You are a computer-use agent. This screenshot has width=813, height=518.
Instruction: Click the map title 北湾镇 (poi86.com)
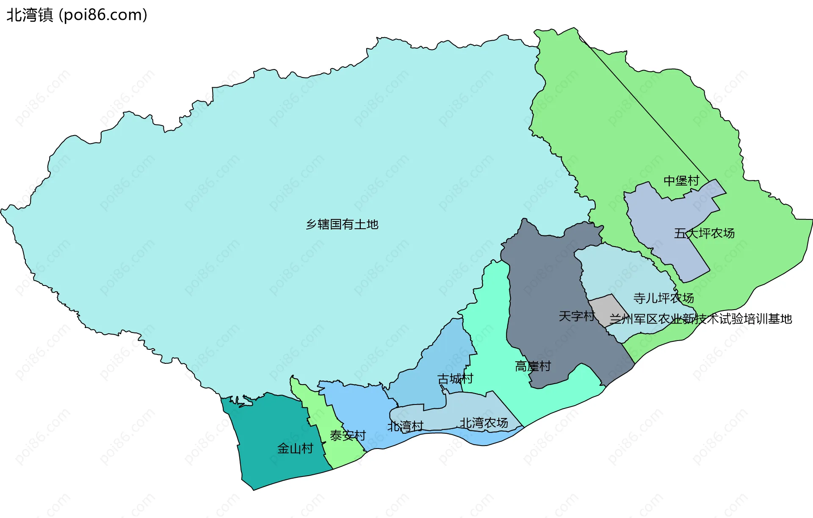[x=77, y=15]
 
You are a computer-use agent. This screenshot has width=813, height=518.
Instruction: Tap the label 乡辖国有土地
[x=342, y=224]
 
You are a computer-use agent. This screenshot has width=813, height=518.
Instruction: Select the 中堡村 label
[x=681, y=181]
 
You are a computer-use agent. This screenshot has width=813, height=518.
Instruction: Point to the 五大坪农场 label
[x=704, y=233]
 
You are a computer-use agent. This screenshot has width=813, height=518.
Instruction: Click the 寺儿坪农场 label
[x=663, y=298]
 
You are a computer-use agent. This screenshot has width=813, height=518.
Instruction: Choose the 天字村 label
[x=576, y=316]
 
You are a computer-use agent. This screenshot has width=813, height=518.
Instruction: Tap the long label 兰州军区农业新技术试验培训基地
[x=700, y=319]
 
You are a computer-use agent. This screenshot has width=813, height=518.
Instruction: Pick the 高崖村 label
[x=533, y=366]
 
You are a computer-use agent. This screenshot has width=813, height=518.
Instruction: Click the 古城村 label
[x=455, y=379]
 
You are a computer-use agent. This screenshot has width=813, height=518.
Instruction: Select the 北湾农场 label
[x=484, y=423]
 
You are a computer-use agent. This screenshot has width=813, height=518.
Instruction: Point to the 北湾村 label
[x=405, y=426]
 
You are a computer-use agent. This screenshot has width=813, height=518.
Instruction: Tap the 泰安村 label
[x=347, y=435]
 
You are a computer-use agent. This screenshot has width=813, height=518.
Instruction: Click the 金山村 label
[x=295, y=448]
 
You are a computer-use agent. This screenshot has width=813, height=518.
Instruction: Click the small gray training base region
[x=606, y=309]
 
